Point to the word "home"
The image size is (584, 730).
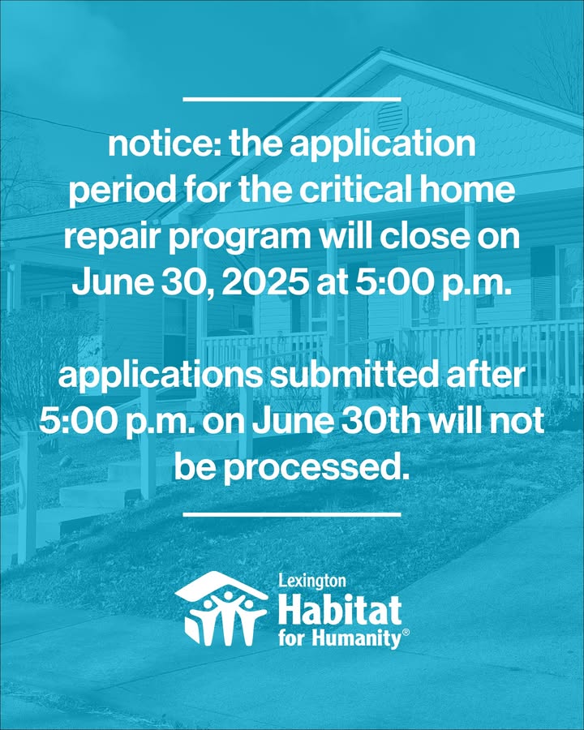466,190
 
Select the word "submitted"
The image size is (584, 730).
354,376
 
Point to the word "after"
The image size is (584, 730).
485,376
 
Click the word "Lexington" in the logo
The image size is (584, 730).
312,581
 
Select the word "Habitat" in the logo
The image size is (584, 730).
340,610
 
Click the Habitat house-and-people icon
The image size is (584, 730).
221,608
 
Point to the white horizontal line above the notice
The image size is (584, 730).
292,99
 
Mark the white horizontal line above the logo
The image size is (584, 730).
292,514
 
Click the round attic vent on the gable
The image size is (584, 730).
392,116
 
